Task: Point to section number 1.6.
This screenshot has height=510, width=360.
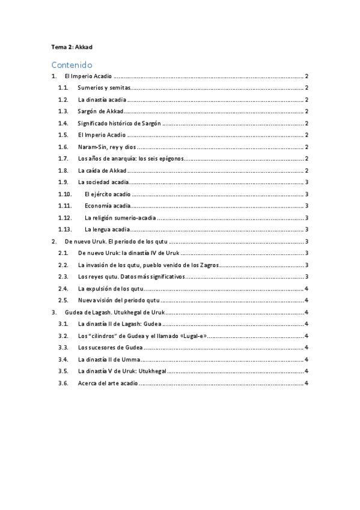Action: click(x=63, y=147)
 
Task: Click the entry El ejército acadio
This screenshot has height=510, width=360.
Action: click(x=108, y=194)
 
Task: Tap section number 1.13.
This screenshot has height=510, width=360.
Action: click(x=65, y=229)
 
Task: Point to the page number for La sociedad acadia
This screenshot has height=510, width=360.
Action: click(x=307, y=182)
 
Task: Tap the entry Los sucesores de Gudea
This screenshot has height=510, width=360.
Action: click(x=110, y=347)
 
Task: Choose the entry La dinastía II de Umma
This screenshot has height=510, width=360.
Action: click(x=109, y=359)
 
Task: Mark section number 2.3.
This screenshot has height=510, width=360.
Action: click(x=63, y=277)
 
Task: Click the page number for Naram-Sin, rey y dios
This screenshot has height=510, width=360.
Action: click(x=307, y=147)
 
